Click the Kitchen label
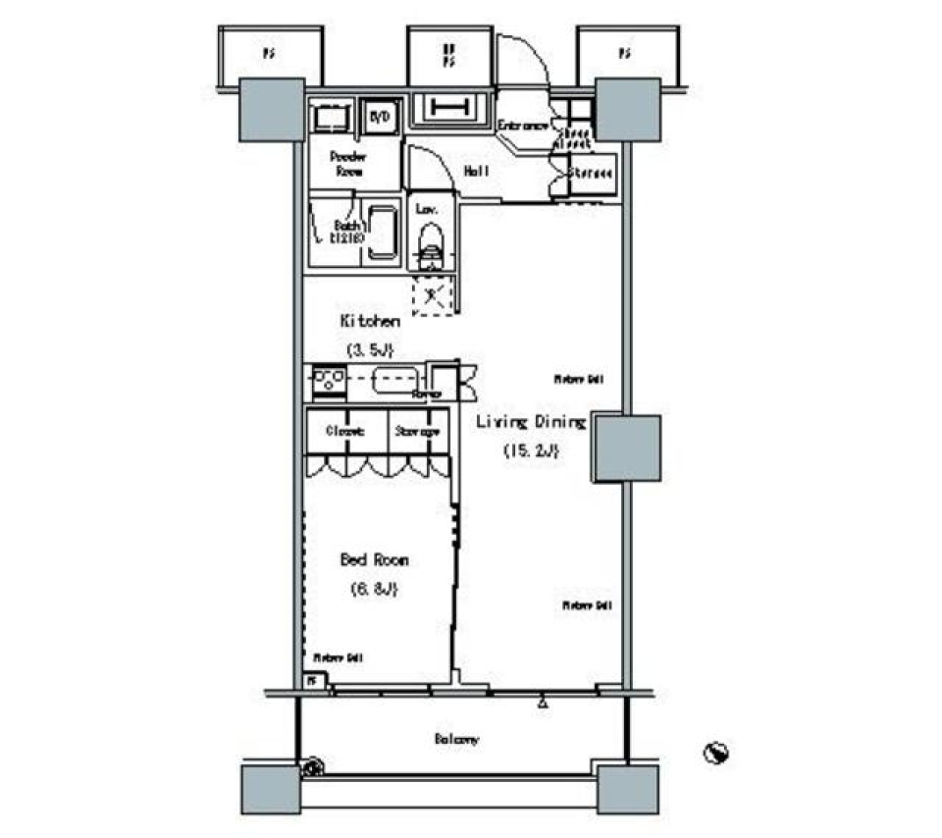tap(370, 321)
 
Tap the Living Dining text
tap(531, 422)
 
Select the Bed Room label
tap(374, 560)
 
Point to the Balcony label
tap(456, 739)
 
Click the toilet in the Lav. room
tap(430, 243)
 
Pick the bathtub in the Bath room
tap(380, 235)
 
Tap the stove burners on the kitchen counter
tap(327, 379)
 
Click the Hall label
tap(477, 171)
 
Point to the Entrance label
tap(521, 126)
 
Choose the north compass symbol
tap(717, 753)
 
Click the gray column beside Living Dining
tap(625, 448)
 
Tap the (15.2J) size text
tap(531, 451)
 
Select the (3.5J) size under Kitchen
tap(369, 349)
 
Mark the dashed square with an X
tap(433, 294)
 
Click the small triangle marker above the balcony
tap(541, 702)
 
